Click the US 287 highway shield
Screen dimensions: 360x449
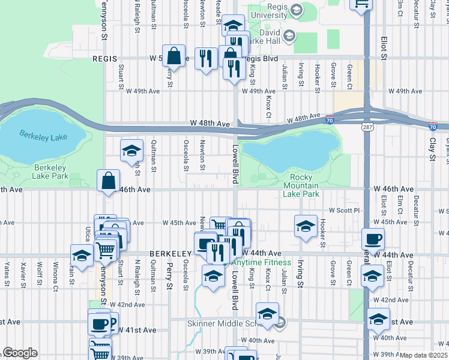pyautogui.click(x=367, y=127)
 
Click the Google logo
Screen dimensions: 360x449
pyautogui.click(x=20, y=353)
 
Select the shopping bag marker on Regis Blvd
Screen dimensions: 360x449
pyautogui.click(x=173, y=56)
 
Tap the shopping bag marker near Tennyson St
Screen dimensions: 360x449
pyautogui.click(x=109, y=180)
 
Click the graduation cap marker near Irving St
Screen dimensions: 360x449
pyautogui.click(x=306, y=226)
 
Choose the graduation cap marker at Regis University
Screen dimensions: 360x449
pyautogui.click(x=233, y=25)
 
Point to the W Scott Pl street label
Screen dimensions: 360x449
pyautogui.click(x=343, y=211)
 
